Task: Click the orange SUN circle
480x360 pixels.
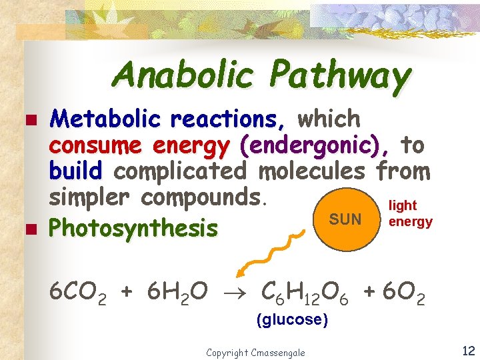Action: [x=345, y=219]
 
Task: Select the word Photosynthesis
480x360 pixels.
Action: [x=134, y=229]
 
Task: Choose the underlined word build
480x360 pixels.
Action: [x=75, y=171]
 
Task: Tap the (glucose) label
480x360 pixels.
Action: [x=292, y=320]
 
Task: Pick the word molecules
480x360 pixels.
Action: [x=312, y=171]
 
